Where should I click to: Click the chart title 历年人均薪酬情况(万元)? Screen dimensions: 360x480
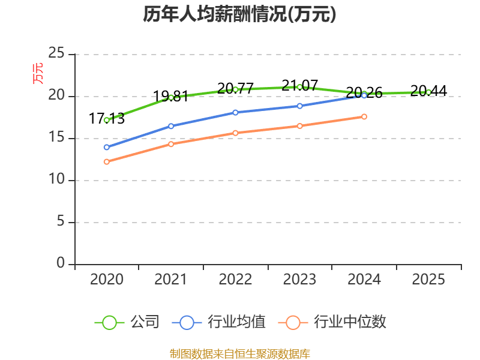click(x=239, y=14)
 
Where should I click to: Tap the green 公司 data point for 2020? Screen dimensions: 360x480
click(x=107, y=120)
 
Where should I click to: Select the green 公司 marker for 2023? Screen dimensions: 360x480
click(x=299, y=87)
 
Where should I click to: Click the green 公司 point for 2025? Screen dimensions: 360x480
click(x=428, y=92)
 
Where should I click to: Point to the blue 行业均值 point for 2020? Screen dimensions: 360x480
click(x=107, y=147)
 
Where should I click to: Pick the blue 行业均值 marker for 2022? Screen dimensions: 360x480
click(x=235, y=112)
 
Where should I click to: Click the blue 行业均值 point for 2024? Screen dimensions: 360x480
click(x=364, y=95)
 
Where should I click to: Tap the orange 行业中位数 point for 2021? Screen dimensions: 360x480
click(x=171, y=144)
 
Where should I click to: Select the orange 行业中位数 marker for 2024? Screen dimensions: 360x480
click(x=364, y=116)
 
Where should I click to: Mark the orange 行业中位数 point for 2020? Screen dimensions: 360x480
click(x=107, y=161)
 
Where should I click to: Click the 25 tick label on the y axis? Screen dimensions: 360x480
click(x=56, y=54)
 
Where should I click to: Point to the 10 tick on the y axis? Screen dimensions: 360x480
click(x=56, y=180)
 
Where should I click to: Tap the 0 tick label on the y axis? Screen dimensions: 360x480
click(x=61, y=263)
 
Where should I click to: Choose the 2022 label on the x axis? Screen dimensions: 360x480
click(x=235, y=280)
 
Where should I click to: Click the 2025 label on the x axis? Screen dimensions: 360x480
click(x=428, y=280)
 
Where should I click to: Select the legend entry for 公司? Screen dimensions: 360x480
click(x=127, y=322)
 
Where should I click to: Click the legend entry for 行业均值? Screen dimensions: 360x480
click(x=219, y=322)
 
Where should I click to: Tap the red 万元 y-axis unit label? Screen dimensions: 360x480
click(x=38, y=73)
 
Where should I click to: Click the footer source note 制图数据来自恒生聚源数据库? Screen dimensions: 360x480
click(x=239, y=353)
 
